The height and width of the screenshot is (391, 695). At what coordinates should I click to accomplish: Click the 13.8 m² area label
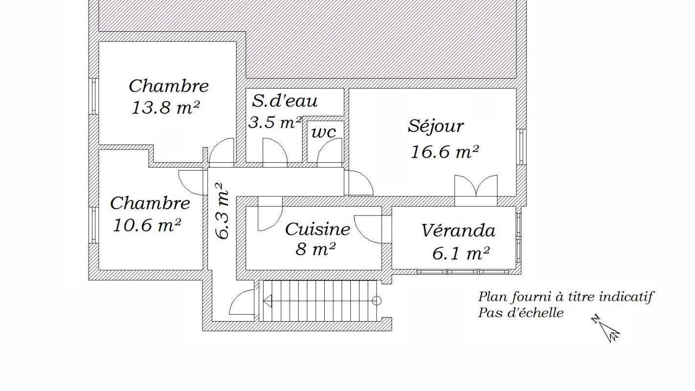(x=165, y=108)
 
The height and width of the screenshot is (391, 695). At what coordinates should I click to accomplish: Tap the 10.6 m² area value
(x=147, y=225)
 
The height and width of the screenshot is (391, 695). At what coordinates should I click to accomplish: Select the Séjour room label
(x=436, y=127)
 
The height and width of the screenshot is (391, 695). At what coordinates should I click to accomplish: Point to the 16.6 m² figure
(x=444, y=152)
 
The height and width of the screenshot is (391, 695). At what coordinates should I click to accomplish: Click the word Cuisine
(x=317, y=229)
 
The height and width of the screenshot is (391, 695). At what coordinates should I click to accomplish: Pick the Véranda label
(x=458, y=231)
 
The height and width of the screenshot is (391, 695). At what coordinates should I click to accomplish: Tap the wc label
(x=324, y=133)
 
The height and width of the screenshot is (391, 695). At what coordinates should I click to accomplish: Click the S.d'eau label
(x=285, y=101)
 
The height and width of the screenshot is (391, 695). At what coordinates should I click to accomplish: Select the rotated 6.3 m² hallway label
(x=223, y=212)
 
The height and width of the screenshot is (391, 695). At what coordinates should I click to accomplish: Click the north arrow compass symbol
(x=605, y=328)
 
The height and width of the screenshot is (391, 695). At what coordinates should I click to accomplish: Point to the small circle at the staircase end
(x=376, y=301)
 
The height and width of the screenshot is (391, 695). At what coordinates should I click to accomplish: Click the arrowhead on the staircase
(x=268, y=301)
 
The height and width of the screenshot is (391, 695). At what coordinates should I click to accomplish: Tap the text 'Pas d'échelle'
(x=520, y=313)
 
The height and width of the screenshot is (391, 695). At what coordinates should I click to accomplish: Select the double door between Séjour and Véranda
(x=476, y=186)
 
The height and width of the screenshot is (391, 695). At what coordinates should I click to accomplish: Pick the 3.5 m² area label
(x=275, y=122)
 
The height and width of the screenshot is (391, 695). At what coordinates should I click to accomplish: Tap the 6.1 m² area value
(x=461, y=254)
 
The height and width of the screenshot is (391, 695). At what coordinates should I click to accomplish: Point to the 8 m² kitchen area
(x=315, y=249)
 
